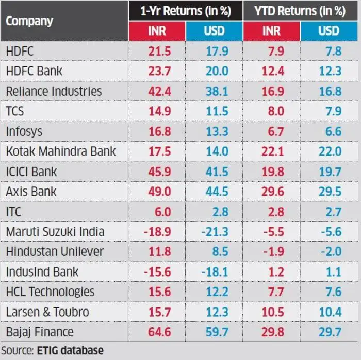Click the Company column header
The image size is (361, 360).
point(29,21)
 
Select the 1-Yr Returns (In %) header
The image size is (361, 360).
point(186,10)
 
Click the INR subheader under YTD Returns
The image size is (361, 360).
point(271,31)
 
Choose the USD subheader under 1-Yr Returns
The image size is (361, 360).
point(214,31)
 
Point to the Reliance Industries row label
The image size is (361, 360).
point(54,91)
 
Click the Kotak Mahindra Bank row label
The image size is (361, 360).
point(61,151)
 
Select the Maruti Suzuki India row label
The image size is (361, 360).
point(55,232)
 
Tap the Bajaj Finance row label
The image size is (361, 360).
point(40,332)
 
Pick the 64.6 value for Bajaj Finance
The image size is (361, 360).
point(158,332)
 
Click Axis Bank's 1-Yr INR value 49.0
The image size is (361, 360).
point(158,192)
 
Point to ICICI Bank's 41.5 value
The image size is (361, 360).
point(216,172)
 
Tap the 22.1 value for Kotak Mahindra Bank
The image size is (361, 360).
point(273,151)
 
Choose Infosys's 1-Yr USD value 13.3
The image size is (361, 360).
point(216,131)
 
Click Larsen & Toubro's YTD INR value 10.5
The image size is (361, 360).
point(273,312)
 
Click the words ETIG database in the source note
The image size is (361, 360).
point(70,351)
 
